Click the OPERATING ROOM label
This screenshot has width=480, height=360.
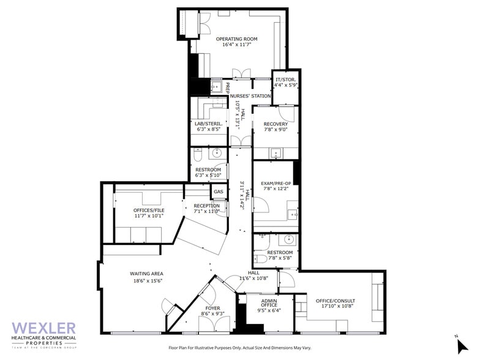(236, 39)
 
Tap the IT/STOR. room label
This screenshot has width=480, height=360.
(286, 80)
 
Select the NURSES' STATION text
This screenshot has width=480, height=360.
(250, 96)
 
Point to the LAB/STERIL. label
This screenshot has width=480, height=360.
(209, 123)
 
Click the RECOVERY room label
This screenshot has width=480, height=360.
(276, 124)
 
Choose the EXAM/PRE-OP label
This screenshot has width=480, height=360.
(275, 183)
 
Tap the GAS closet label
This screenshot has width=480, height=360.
(218, 192)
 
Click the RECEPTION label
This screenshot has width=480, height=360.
(206, 206)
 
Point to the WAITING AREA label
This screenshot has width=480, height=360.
(146, 273)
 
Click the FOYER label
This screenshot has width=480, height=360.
(212, 308)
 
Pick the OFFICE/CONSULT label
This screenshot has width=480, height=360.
(335, 301)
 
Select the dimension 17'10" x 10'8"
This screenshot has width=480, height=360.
(335, 307)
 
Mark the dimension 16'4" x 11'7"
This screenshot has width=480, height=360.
(236, 45)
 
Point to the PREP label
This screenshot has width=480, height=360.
(227, 88)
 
